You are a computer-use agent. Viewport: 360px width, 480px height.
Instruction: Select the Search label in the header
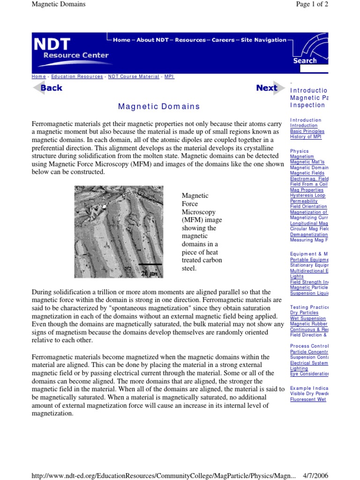tap(305, 60)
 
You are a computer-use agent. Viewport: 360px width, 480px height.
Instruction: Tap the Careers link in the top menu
tap(223, 40)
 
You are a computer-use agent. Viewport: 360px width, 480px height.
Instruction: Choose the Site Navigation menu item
tap(263, 40)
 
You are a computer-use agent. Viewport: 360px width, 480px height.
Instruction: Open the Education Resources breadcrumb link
tap(77, 76)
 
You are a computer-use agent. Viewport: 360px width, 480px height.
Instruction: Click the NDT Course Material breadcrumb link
tap(134, 76)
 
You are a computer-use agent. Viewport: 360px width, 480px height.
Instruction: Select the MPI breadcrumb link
tap(169, 76)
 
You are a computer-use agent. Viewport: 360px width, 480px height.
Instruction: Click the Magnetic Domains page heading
tap(159, 106)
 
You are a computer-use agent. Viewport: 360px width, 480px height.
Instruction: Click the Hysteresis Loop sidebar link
tap(307, 195)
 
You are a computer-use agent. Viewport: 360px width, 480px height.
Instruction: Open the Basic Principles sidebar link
tap(307, 131)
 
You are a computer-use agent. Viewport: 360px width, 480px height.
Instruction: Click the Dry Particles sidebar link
tap(304, 313)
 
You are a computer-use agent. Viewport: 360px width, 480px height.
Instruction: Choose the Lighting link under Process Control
tap(299, 368)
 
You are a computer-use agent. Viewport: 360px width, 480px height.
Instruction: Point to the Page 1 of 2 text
tap(312, 4)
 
